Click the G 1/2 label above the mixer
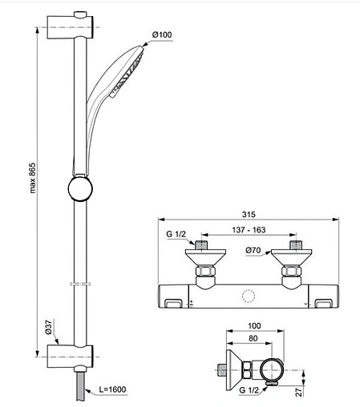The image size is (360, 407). point(176,235)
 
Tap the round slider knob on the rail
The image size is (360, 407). point(80,191)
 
